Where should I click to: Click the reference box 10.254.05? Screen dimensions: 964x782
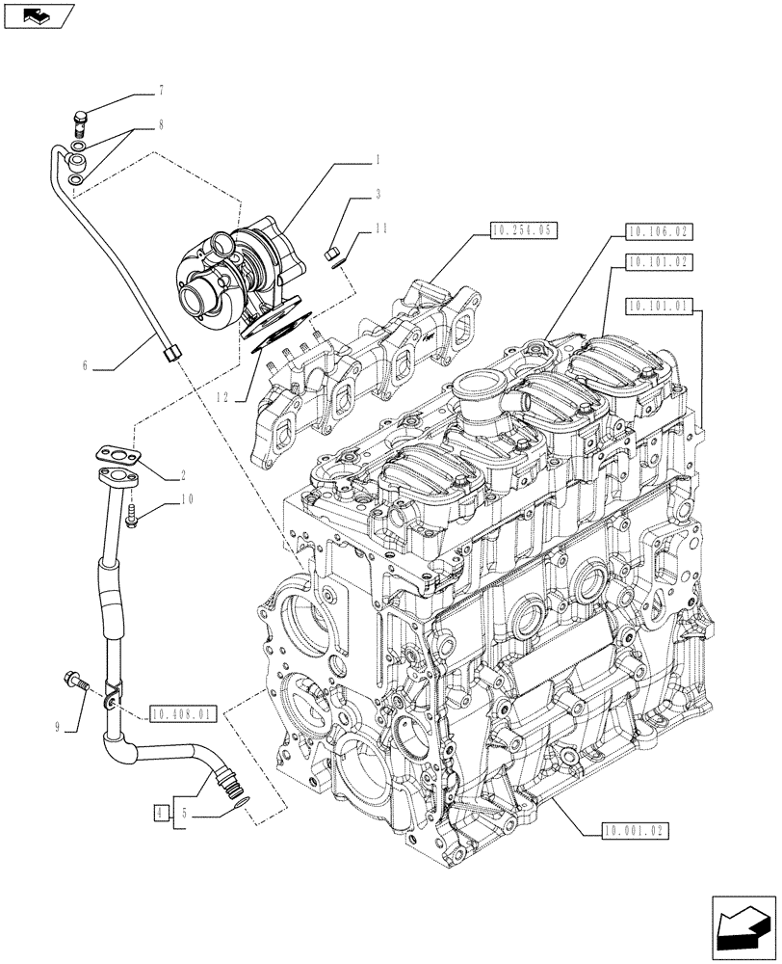tap(524, 230)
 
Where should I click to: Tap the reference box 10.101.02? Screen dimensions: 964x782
tap(659, 260)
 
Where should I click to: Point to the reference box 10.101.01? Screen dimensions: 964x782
tap(659, 307)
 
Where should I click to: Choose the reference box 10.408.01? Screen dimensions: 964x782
tap(184, 714)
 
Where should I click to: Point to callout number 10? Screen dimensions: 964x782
tap(188, 498)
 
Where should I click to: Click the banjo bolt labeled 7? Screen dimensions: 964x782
tap(80, 121)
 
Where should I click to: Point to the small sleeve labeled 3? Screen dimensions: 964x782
tap(334, 254)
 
